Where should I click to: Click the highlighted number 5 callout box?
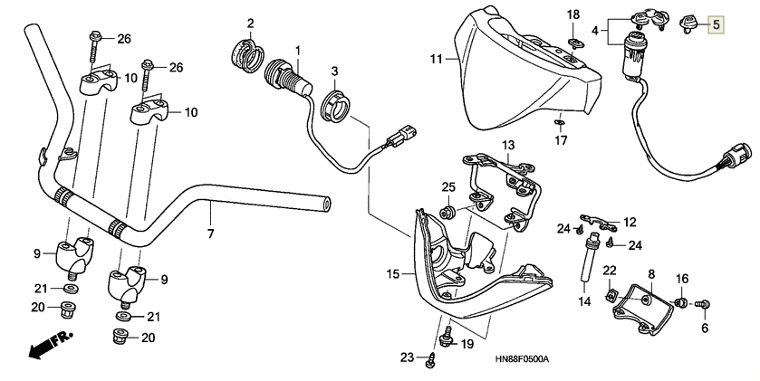point(717,24)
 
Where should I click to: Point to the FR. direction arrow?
point(50,344)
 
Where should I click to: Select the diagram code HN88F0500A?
point(522,359)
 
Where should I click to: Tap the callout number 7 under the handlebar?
point(210,233)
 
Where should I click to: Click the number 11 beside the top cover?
point(437,59)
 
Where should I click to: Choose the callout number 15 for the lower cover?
point(392,274)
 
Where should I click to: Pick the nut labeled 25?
point(447,212)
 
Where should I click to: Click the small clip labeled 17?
point(559,122)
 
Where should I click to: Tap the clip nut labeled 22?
point(611,295)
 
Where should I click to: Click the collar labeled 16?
point(680,303)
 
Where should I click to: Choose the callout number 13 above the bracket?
point(508,145)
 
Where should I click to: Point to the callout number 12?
point(630,223)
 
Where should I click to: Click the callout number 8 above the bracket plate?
point(651,274)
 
